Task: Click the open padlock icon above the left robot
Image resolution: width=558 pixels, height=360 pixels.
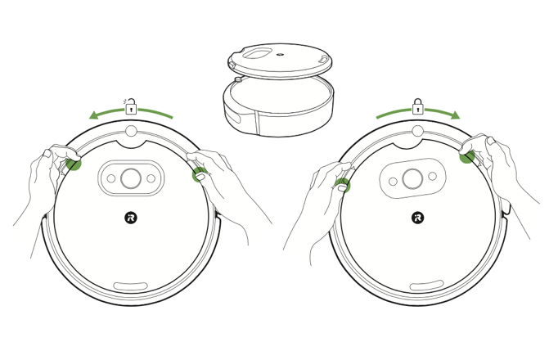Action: tap(131, 107)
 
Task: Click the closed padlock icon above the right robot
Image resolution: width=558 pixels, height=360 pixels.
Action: tap(417, 106)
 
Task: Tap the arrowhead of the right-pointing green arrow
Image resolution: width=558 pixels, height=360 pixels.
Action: tap(454, 115)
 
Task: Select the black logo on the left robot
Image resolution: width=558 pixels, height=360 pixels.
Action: tap(131, 218)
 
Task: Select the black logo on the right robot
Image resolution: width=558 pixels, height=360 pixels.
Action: tap(417, 218)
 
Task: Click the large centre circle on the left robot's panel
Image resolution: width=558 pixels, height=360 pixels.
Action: tap(131, 178)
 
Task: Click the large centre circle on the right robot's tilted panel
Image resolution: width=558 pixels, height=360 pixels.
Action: tap(412, 178)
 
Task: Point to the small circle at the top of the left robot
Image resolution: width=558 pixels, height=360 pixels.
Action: tap(131, 131)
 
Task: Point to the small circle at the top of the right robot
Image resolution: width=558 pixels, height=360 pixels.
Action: tap(417, 131)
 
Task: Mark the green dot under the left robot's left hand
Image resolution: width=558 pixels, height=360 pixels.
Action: tap(74, 164)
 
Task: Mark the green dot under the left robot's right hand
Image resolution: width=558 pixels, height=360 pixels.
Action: tap(199, 173)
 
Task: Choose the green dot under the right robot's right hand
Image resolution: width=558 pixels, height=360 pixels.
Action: tap(467, 155)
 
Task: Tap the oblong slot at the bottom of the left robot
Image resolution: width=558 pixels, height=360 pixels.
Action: tap(131, 286)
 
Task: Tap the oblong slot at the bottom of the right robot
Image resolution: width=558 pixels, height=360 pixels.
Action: tap(426, 286)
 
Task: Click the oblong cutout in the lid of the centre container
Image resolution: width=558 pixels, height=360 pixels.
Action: tap(261, 52)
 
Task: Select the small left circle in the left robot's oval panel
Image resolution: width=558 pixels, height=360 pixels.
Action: tap(110, 178)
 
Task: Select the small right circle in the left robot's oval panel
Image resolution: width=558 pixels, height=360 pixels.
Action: tap(151, 178)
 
